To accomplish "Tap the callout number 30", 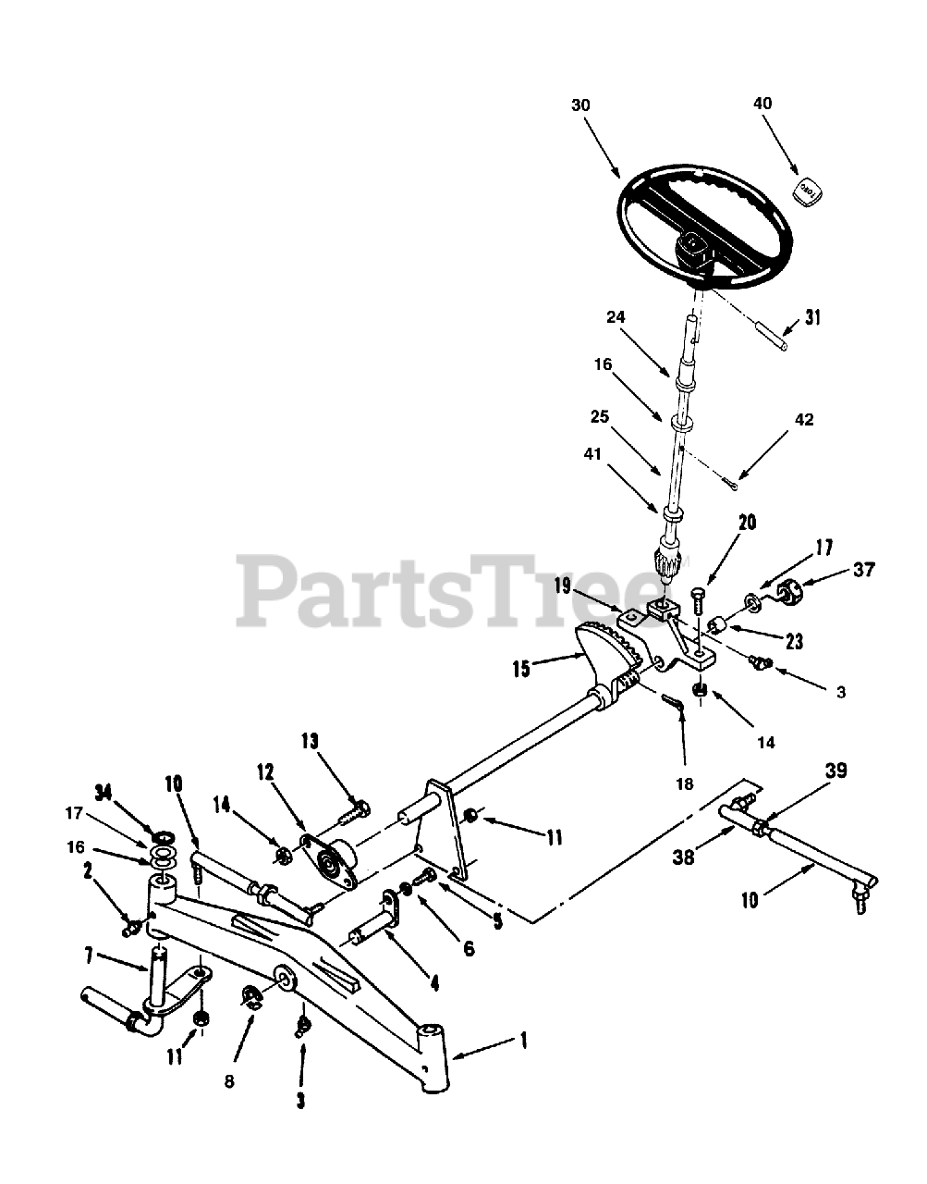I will coord(579,105).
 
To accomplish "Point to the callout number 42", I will coord(803,419).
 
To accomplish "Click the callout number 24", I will coord(616,316).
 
